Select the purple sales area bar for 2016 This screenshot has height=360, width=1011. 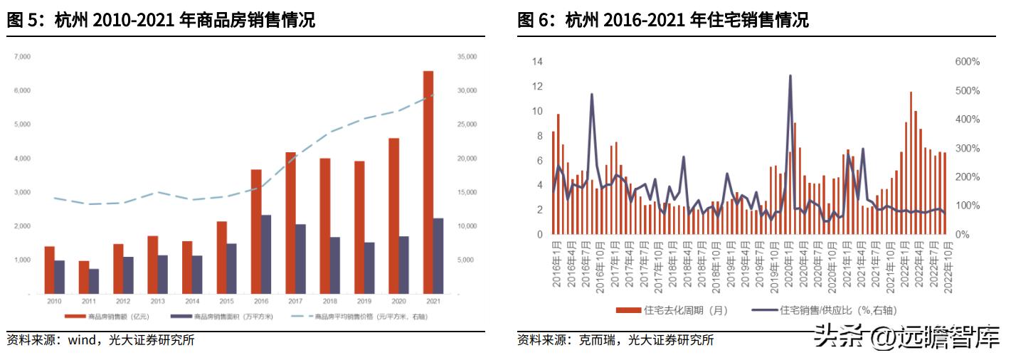click(x=266, y=254)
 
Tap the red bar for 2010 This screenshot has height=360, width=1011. click(x=49, y=270)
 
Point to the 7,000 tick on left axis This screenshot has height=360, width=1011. click(x=22, y=56)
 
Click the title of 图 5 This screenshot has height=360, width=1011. click(x=161, y=21)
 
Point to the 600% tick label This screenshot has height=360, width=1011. click(x=967, y=62)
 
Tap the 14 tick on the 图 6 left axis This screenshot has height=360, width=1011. click(x=537, y=62)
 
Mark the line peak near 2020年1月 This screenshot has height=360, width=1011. click(x=790, y=75)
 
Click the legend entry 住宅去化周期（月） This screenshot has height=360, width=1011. click(x=673, y=309)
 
